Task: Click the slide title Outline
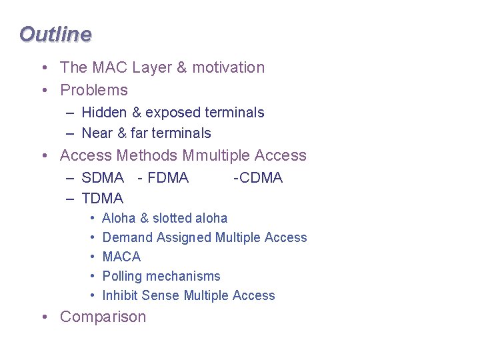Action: tap(55, 34)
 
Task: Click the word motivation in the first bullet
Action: tap(229, 67)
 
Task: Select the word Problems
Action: tap(93, 90)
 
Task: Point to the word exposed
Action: tap(174, 113)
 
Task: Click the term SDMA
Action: tap(103, 178)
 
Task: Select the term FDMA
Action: tap(168, 178)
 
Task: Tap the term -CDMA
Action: tap(258, 178)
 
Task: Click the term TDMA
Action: tap(103, 199)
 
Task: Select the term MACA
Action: tap(121, 257)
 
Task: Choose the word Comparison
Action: tap(103, 317)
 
